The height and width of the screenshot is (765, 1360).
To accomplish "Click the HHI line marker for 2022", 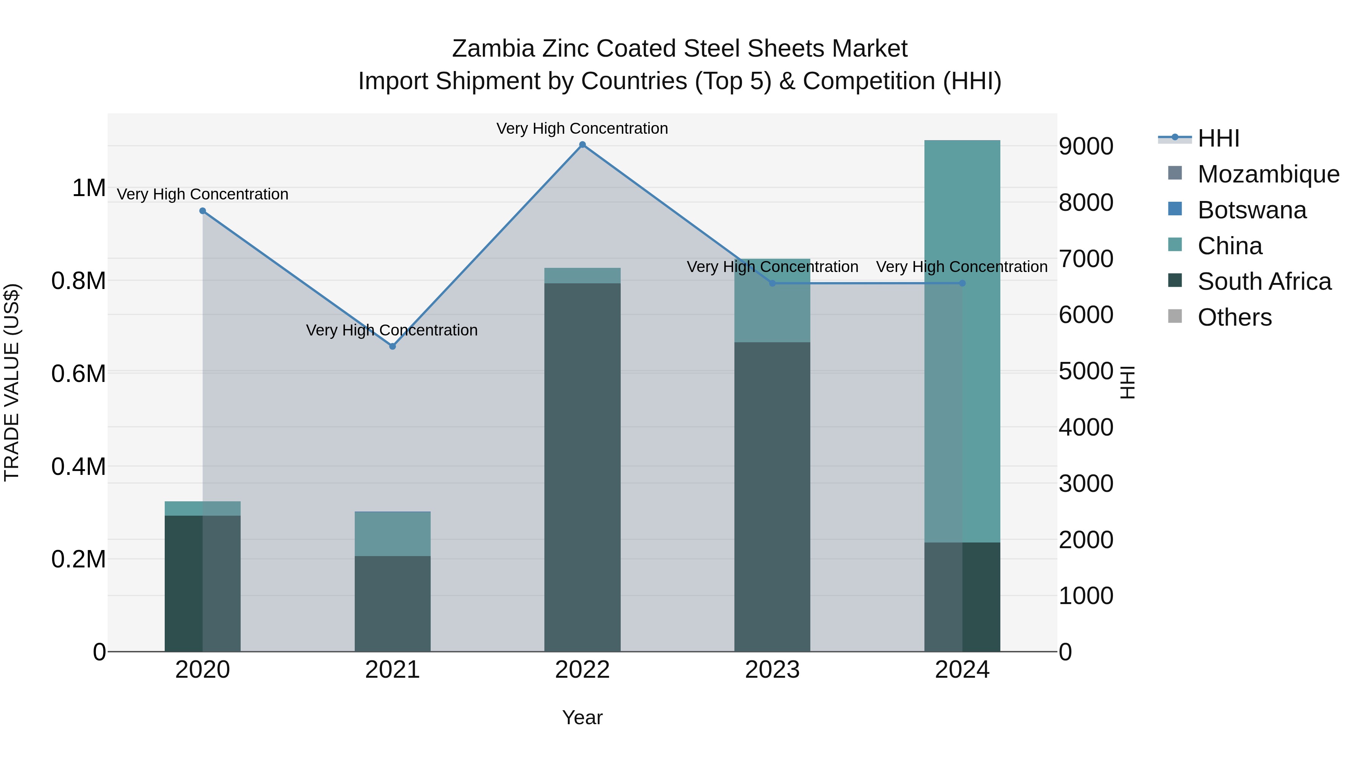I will point(582,145).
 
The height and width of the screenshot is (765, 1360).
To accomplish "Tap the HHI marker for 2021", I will point(392,346).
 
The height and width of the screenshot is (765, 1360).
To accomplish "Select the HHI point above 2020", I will point(203,211).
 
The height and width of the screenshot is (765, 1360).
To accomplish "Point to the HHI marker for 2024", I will point(962,283).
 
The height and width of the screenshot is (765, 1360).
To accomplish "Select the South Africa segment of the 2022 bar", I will point(582,467).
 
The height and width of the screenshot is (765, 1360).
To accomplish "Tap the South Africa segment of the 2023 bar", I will point(772,496).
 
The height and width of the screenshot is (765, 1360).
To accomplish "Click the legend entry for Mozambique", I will point(1267,174).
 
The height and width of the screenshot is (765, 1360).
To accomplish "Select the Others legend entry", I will point(1234,317).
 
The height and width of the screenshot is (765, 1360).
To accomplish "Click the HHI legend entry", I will point(1218,138).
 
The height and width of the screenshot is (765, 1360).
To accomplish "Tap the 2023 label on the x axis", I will point(772,670).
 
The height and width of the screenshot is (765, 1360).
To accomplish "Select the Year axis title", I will point(582,717).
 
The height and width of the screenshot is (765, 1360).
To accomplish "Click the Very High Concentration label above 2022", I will point(582,128).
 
